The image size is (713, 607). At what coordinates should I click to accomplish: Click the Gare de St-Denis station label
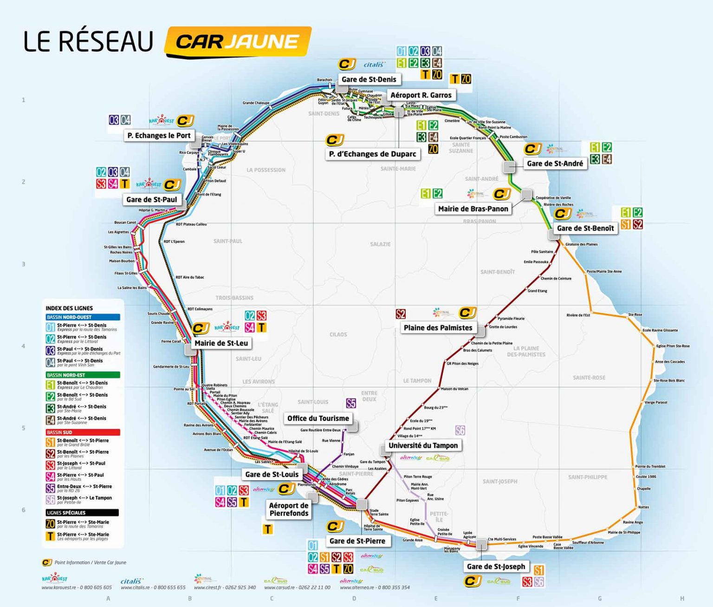pyautogui.click(x=369, y=79)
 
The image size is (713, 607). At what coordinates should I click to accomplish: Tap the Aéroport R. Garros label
pyautogui.click(x=421, y=95)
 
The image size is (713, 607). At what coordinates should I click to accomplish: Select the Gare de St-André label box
pyautogui.click(x=555, y=163)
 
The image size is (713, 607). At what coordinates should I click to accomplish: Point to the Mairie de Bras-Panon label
pyautogui.click(x=473, y=209)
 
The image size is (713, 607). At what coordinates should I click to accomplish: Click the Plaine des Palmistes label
pyautogui.click(x=438, y=328)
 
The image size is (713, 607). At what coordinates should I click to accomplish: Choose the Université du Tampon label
pyautogui.click(x=423, y=445)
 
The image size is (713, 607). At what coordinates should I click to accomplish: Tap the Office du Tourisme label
pyautogui.click(x=318, y=418)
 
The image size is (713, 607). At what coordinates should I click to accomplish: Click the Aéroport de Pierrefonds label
pyautogui.click(x=289, y=509)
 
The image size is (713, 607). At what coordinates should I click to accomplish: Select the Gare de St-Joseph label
pyautogui.click(x=496, y=567)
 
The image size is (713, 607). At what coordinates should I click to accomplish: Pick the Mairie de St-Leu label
pyautogui.click(x=221, y=343)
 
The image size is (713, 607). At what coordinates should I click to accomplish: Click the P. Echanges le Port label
pyautogui.click(x=159, y=136)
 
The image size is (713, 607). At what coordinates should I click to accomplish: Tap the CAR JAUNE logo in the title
pyautogui.click(x=237, y=42)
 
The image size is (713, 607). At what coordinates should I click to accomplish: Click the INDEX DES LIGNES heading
pyautogui.click(x=69, y=308)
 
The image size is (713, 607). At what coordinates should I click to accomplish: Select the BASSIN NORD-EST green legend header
pyautogui.click(x=83, y=375)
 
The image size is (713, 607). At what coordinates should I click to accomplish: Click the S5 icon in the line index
pyautogui.click(x=50, y=488)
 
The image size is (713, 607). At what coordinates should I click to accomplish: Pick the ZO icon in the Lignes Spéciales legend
pyautogui.click(x=50, y=524)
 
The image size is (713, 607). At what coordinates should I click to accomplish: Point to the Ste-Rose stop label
pyautogui.click(x=635, y=315)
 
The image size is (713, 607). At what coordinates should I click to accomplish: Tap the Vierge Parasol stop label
pyautogui.click(x=655, y=403)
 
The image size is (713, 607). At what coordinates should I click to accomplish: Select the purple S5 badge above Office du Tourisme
pyautogui.click(x=351, y=403)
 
